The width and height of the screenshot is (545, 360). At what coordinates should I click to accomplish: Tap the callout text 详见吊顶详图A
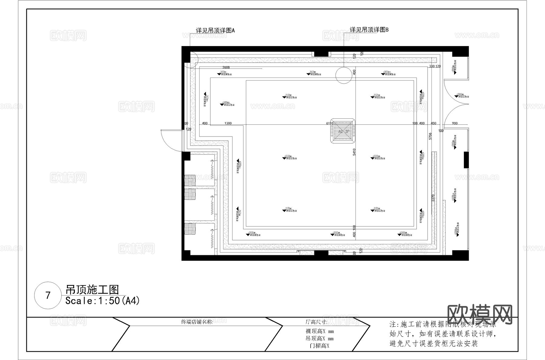point(215,31)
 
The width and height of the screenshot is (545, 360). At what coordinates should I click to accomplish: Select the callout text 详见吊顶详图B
point(369,30)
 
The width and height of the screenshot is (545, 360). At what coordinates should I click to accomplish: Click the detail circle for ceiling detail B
point(344,75)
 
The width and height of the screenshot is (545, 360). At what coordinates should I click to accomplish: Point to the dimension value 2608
point(226,67)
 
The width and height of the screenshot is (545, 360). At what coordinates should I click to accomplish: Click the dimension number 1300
point(228,123)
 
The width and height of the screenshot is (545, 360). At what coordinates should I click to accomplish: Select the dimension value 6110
point(330,123)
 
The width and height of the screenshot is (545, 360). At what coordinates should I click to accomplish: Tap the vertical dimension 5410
point(354,152)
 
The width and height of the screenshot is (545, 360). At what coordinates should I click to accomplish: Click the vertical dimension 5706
point(430,136)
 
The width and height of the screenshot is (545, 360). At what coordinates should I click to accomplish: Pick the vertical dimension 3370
point(433,198)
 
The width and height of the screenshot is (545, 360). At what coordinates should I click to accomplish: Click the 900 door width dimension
point(454,123)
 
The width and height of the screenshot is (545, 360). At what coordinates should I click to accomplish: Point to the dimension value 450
point(433,123)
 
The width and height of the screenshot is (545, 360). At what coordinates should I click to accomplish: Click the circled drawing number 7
point(48,295)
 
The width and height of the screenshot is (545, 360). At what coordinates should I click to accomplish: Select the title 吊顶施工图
point(92,290)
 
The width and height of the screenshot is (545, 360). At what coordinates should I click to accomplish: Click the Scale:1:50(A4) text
point(102,301)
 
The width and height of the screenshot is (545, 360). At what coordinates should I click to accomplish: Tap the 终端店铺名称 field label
point(197,322)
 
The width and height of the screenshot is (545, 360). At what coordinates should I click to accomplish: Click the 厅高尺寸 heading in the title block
point(316,322)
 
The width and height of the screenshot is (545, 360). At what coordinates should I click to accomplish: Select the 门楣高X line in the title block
point(319,346)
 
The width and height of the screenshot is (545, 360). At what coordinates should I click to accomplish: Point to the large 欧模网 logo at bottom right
point(480,315)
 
